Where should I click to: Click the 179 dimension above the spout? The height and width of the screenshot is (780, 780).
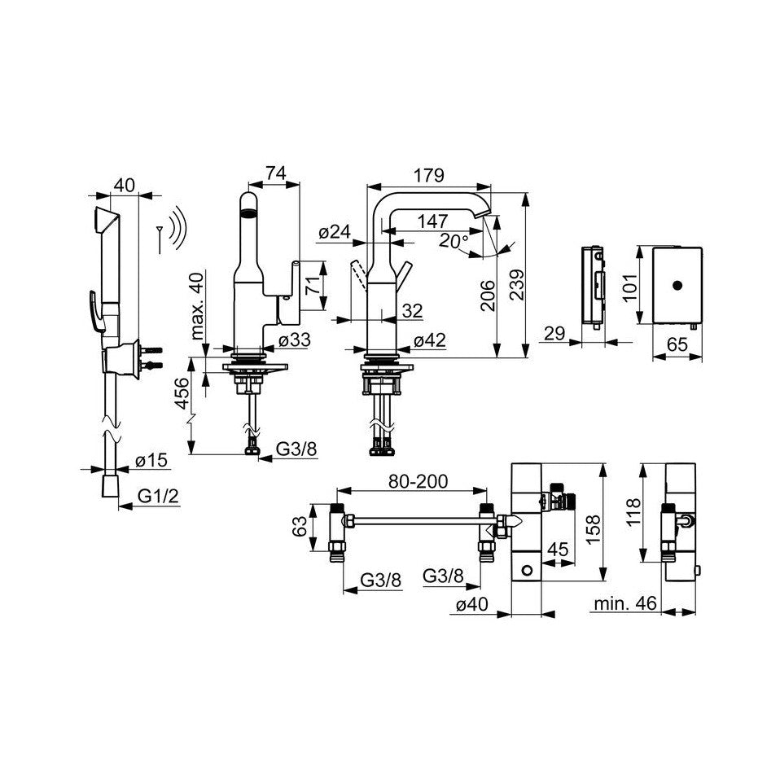tap(429, 176)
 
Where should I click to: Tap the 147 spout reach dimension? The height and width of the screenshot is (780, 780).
tap(432, 221)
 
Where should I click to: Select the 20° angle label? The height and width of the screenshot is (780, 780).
tap(454, 241)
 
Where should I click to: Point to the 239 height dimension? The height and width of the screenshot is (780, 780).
tap(517, 284)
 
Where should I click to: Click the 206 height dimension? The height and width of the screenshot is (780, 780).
tap(488, 296)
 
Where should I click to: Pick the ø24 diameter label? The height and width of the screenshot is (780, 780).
tap(335, 232)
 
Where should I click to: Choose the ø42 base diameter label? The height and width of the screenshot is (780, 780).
tap(430, 340)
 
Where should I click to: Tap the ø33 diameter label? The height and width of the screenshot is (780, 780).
tap(295, 340)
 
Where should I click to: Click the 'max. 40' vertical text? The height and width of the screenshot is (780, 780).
tap(198, 305)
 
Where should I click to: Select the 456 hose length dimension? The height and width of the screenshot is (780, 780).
tap(182, 393)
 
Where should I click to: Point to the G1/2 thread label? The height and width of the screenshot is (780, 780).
tap(158, 496)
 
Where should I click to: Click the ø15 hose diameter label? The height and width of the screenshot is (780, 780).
tap(151, 460)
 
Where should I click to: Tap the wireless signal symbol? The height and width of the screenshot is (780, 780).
tap(173, 230)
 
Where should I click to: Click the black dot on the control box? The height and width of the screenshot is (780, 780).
tap(677, 286)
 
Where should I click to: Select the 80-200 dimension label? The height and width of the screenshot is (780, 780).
tap(418, 481)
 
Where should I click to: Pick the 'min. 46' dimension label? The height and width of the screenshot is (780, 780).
tap(625, 603)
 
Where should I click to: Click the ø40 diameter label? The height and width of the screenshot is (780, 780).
tap(472, 604)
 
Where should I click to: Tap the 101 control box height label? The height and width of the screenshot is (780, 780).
tap(630, 287)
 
